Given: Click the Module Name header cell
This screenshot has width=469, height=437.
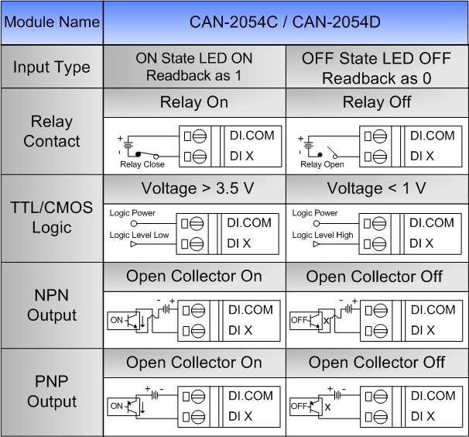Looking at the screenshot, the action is (x=52, y=22).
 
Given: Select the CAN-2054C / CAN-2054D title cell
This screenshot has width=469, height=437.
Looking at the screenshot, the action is (x=286, y=22).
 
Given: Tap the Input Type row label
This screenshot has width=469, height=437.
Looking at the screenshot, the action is (x=52, y=67).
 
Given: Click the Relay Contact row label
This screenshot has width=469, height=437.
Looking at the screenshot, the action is (x=52, y=131).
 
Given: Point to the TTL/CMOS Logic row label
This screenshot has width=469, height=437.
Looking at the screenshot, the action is (x=52, y=218).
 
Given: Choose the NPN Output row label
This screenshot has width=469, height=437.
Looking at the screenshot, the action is (x=52, y=305).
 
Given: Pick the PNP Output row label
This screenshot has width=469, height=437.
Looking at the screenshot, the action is (x=52, y=392).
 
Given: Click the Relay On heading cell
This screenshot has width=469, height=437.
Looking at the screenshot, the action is (x=194, y=102).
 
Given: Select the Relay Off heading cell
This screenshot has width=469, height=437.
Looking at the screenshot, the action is (x=377, y=102).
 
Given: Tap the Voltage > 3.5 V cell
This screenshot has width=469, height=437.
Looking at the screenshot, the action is (x=194, y=189).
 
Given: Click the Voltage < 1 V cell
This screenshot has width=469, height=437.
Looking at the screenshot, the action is (x=377, y=189).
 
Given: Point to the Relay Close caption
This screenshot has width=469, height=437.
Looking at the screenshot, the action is (x=142, y=164).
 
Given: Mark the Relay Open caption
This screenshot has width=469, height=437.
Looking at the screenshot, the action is (x=322, y=164).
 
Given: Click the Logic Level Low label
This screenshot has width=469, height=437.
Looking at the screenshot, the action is (x=139, y=235).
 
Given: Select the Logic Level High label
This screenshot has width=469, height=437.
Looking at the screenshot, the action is (x=323, y=235).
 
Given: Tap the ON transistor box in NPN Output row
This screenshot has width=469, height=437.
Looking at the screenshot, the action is (x=124, y=321).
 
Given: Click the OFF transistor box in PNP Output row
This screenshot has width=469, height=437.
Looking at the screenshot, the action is (x=306, y=406).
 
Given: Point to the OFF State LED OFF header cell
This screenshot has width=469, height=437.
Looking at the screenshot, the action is (x=377, y=67).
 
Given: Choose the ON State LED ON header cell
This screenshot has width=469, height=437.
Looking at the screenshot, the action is (x=194, y=67).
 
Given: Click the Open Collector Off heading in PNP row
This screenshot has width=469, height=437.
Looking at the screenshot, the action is (x=377, y=363).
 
